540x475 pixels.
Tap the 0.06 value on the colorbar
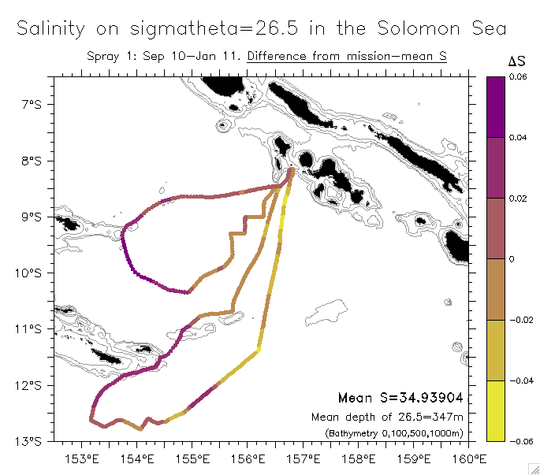point(518,76)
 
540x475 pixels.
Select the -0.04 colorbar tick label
point(520,380)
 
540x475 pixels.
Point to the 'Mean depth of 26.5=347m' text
point(386,417)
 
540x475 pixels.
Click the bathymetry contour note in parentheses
point(393,433)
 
